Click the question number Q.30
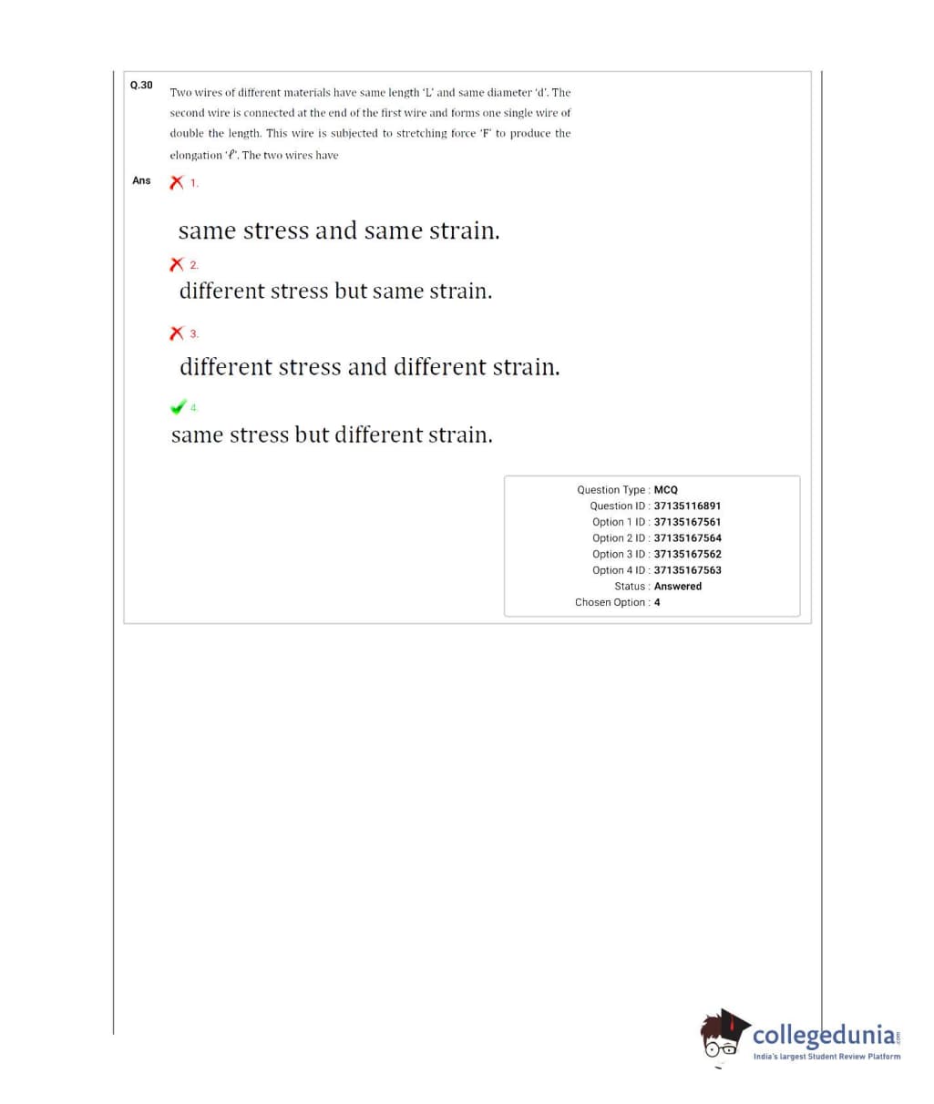141,86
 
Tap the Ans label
141,180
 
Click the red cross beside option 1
177,182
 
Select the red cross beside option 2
177,265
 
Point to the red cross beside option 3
177,333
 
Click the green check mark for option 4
179,406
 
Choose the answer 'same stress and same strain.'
339,231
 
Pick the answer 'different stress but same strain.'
335,291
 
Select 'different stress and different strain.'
369,367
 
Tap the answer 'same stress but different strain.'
332,435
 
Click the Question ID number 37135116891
687,506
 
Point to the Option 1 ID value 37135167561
687,522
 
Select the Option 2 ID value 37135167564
687,538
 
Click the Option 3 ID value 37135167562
687,554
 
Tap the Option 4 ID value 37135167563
687,570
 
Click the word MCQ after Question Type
665,490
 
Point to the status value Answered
677,587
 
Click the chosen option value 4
657,602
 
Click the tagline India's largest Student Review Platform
826,1057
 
